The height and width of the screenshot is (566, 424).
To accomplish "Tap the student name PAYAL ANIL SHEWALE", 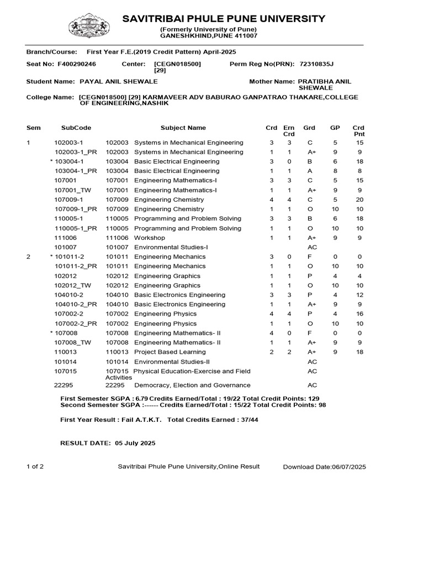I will click(119, 81).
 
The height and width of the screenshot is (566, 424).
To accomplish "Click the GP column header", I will click(335, 128).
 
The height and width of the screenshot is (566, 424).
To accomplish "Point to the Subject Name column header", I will click(183, 128).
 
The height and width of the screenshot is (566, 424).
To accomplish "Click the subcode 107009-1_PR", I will click(76, 209).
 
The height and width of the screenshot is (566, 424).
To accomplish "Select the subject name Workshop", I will click(150, 238).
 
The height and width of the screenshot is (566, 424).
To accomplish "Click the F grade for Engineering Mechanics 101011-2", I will click(310, 256).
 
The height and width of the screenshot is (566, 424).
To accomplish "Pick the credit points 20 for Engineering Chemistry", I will click(359, 200).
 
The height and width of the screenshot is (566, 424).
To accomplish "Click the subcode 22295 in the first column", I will click(63, 385).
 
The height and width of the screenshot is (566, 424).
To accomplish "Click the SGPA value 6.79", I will click(142, 399).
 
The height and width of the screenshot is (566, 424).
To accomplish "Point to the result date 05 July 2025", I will click(135, 443).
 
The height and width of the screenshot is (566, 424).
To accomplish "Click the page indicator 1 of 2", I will click(35, 467).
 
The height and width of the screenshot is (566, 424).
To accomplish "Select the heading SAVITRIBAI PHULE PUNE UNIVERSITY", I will click(224, 19).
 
